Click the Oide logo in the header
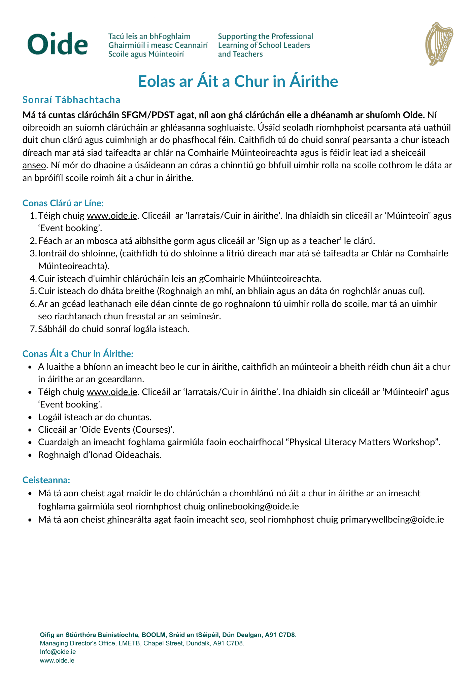[58, 44]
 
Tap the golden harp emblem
[439, 44]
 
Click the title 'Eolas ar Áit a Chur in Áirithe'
[238, 81]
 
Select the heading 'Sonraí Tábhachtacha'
[71, 100]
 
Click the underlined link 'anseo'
[34, 165]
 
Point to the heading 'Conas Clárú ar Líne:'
[63, 203]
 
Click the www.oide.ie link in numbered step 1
[112, 216]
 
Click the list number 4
[33, 279]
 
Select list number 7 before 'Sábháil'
[33, 329]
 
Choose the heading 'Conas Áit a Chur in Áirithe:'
[78, 354]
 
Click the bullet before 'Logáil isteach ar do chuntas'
[30, 418]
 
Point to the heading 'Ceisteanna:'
[46, 480]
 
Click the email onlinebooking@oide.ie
[253, 506]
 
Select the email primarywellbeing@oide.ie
[392, 520]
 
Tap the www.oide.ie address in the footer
[57, 661]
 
